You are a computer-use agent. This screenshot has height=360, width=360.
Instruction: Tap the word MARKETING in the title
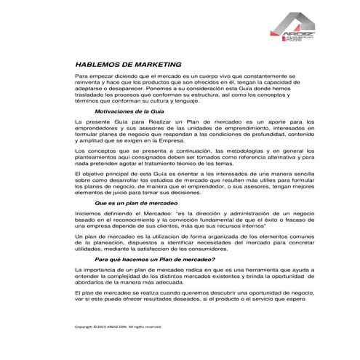[164, 64]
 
